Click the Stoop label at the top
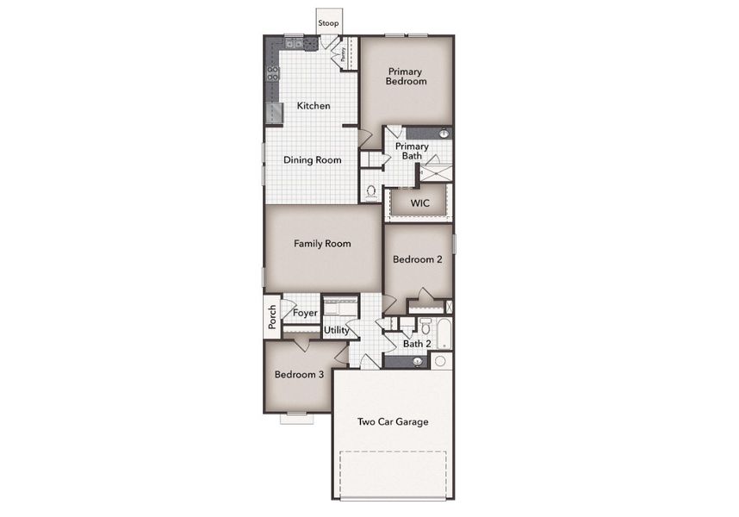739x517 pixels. [x=328, y=23]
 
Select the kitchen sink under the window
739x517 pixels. [x=294, y=43]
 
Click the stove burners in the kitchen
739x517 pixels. [x=272, y=73]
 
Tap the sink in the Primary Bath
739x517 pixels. [x=444, y=134]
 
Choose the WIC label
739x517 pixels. [x=419, y=204]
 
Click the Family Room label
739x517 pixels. [x=322, y=244]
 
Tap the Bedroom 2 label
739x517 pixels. [x=417, y=259]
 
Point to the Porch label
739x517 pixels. [x=272, y=317]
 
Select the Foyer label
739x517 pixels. [x=305, y=313]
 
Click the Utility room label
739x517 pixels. [x=337, y=330]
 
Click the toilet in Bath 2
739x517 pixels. [x=425, y=326]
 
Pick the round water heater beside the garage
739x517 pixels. [x=441, y=361]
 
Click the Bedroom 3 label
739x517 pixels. [x=299, y=375]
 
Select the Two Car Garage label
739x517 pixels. [x=393, y=421]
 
